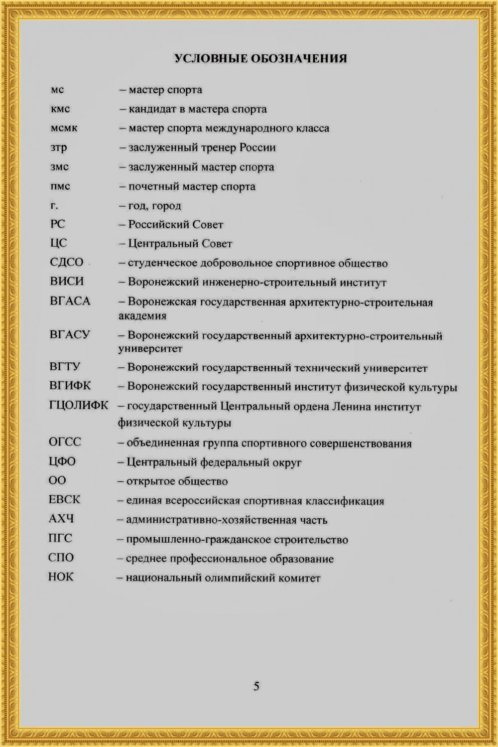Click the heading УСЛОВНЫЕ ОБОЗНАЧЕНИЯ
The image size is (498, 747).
coord(260,59)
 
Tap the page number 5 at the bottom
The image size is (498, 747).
coord(256,686)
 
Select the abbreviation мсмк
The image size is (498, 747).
coord(64,128)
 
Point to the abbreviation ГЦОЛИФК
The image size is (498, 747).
coord(79,405)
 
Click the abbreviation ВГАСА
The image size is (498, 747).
coord(70,301)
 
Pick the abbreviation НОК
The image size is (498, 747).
coord(61,577)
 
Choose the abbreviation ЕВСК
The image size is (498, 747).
coord(64,499)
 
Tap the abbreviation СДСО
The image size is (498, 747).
coord(67,263)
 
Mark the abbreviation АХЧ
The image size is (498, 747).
coord(61,519)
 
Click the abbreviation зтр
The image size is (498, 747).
coord(58,148)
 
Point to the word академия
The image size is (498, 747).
coord(142,316)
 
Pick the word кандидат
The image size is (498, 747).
coord(150,109)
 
